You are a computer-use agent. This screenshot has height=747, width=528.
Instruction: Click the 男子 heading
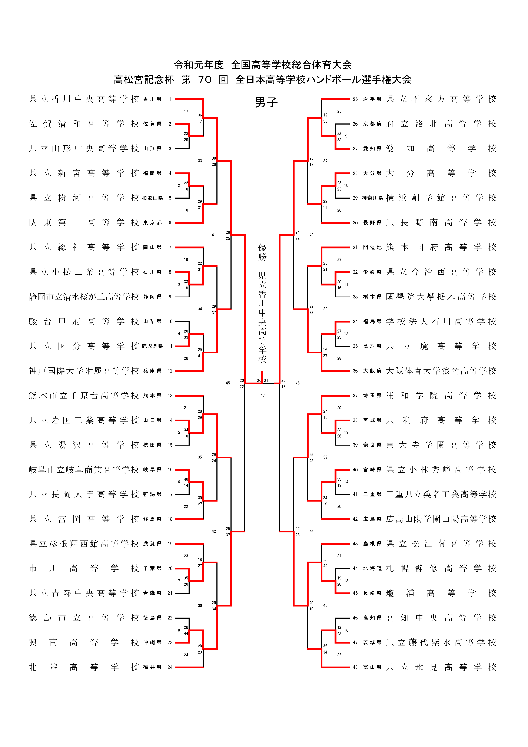(x=266, y=102)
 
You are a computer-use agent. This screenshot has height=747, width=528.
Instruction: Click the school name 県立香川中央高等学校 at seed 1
(x=84, y=99)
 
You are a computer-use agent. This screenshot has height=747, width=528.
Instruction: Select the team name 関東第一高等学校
(x=84, y=222)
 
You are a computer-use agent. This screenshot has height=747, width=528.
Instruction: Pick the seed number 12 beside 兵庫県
(x=170, y=371)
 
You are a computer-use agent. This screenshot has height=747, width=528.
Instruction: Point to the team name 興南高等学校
(x=84, y=642)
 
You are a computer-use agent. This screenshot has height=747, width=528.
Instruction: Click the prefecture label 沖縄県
(x=152, y=642)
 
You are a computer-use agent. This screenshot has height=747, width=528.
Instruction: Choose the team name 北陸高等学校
(x=84, y=667)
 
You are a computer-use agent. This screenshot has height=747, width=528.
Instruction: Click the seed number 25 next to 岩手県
(x=355, y=99)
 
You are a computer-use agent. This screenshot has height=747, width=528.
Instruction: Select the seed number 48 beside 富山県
(x=355, y=667)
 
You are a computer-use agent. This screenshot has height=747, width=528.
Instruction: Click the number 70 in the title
(x=205, y=79)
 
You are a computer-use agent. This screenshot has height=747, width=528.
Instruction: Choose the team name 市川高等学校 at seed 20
(x=84, y=568)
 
